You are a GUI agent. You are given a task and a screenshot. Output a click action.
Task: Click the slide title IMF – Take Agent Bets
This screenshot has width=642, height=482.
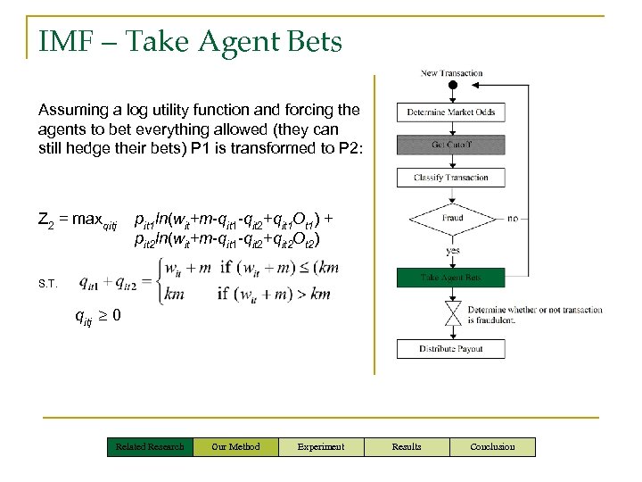[x=190, y=41]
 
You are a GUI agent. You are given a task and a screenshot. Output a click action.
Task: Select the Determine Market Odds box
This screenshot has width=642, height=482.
[x=451, y=112]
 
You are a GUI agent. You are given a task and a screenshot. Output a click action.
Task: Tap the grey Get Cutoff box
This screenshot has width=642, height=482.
[x=451, y=145]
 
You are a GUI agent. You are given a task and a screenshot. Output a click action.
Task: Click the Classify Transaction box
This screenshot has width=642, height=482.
[x=451, y=178]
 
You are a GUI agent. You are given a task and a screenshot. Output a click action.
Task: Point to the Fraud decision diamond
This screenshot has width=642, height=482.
[x=451, y=219]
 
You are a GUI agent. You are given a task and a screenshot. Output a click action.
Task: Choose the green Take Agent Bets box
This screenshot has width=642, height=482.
[x=451, y=278]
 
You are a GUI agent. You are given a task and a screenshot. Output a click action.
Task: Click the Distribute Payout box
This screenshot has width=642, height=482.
[x=451, y=348]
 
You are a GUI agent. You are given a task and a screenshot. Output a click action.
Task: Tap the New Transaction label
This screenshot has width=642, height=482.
[x=451, y=73]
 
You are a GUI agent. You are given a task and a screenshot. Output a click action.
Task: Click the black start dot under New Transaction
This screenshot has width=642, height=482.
[x=452, y=86]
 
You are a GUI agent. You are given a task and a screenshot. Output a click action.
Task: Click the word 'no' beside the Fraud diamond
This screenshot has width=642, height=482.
[x=512, y=218]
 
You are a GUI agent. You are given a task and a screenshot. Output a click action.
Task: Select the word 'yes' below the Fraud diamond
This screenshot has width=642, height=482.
[x=453, y=251]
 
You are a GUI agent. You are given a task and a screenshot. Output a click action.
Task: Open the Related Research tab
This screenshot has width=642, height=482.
[x=149, y=446]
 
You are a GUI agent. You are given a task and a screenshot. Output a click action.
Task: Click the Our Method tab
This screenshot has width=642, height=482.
[x=235, y=446]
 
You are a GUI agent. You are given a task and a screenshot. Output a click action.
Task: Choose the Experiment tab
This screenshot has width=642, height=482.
[x=321, y=446]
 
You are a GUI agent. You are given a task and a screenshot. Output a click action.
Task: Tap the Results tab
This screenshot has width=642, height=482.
[x=407, y=446]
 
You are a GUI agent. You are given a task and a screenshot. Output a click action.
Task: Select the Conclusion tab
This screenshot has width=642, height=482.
[x=492, y=446]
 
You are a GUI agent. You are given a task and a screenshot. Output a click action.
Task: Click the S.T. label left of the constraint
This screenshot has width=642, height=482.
[x=47, y=284]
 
